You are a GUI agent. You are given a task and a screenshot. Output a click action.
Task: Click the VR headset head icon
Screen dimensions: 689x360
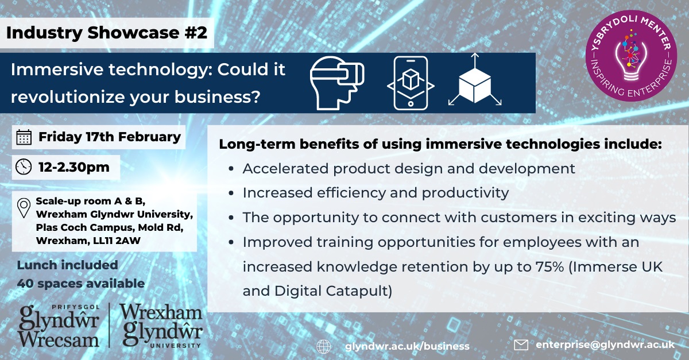point(337,83)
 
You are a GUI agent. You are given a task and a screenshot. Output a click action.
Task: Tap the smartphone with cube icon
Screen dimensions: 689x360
point(411,83)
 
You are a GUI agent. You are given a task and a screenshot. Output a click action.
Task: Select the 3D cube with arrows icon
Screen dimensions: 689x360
point(475,80)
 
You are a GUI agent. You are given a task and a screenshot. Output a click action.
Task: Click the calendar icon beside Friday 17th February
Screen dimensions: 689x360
point(24,137)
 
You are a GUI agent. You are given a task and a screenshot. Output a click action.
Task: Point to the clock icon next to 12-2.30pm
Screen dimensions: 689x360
point(24,167)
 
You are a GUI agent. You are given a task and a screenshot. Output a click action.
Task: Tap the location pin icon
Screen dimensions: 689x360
point(24,208)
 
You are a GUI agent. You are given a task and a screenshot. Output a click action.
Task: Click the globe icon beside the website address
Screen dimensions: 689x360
point(324,346)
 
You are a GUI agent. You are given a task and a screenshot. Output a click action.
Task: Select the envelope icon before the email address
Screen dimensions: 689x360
point(521,345)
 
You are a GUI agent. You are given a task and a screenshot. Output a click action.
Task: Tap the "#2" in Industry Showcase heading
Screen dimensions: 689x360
point(196,33)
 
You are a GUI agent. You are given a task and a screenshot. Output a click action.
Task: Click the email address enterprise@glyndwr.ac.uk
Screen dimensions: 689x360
point(605,344)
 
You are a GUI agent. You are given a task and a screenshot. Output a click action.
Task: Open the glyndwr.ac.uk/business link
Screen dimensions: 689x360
point(407,346)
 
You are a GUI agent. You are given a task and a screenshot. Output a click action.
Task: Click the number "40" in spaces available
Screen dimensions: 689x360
point(25,284)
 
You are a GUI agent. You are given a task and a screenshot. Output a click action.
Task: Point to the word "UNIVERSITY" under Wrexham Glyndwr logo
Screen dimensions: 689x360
point(175,346)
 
